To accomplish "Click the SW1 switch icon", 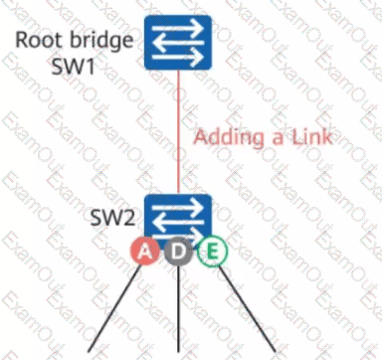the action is coord(178,43).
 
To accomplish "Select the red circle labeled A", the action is coord(144,252).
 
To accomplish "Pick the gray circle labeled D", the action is coord(178,252).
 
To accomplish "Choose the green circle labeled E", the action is coord(213,252).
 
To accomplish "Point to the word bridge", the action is coord(101,41).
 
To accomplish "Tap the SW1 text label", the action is coord(73,66).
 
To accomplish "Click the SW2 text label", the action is coord(112,218).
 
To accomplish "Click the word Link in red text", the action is coord(311,136).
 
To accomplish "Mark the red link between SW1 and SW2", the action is coord(178,132).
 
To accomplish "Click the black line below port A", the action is coord(114,308).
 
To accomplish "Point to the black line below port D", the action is coord(178,308).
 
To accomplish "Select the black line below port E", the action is coord(247,308).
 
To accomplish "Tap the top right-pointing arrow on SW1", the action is coord(178,29).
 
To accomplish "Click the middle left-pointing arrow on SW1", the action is coord(178,43).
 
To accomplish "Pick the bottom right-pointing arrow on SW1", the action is coord(178,57).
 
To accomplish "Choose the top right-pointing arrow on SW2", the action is coord(178,208).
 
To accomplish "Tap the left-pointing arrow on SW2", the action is coord(178,222).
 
